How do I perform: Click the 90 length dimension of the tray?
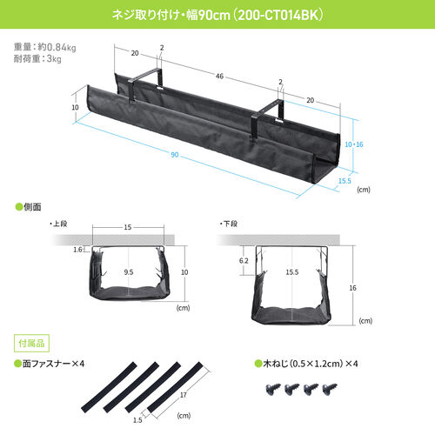click(x=175, y=155)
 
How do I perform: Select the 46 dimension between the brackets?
click(x=219, y=77)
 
